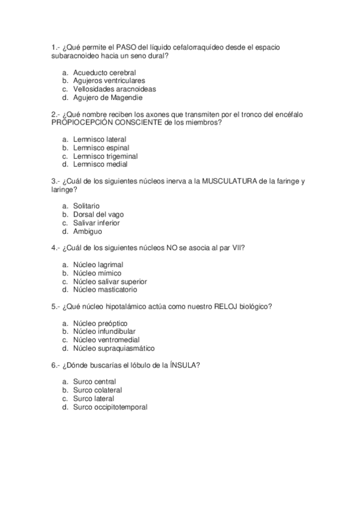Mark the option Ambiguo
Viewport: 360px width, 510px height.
tap(87, 231)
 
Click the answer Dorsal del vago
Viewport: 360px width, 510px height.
tap(99, 215)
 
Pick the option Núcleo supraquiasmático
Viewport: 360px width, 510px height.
tap(114, 348)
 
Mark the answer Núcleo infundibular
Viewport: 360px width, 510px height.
tap(104, 331)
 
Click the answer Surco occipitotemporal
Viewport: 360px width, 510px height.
tap(109, 407)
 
